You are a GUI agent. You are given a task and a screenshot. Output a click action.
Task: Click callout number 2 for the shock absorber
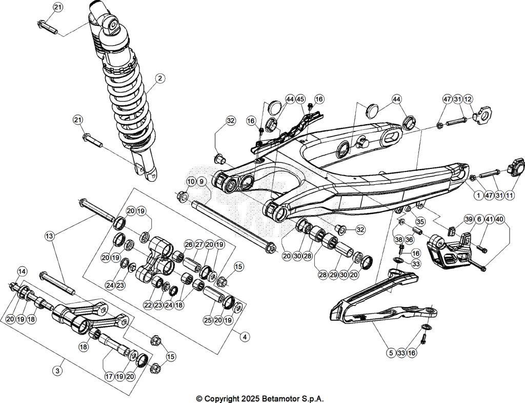pos(160,79)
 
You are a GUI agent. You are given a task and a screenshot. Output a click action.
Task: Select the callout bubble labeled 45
pos(300,99)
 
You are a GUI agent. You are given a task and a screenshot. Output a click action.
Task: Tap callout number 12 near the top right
pos(468,99)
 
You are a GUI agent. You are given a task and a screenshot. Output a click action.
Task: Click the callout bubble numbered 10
pos(191,181)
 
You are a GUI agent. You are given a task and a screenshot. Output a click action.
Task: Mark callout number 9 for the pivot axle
pos(201,181)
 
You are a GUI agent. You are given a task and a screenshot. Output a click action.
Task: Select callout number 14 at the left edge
pos(22,271)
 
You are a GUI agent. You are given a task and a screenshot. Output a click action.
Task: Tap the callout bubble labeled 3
pos(58,370)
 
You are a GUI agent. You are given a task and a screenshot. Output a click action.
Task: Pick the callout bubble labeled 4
pos(245,337)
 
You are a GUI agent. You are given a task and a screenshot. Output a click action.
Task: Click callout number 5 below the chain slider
pos(392,353)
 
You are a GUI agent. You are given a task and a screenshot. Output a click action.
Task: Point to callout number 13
pos(49,236)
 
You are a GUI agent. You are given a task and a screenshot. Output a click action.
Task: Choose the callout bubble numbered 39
pos(469,219)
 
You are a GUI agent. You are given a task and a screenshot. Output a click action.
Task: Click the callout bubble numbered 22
pos(148,305)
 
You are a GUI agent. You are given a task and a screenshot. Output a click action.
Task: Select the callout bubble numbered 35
pos(420,222)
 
